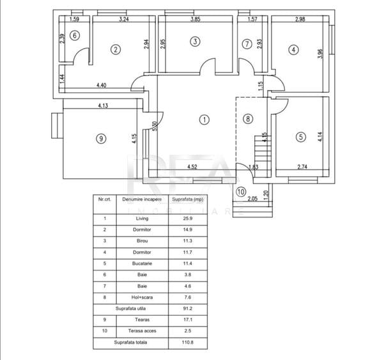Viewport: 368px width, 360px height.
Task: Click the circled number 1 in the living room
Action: (204, 120)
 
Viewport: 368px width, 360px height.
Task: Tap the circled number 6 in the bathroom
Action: (75, 36)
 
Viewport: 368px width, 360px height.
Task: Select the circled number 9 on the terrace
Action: (101, 139)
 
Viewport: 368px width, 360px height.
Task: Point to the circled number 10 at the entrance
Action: (241, 192)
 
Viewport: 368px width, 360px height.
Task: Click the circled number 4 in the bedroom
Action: (293, 50)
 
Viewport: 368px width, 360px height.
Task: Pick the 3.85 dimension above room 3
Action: (195, 19)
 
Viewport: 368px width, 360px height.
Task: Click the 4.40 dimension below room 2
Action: (102, 85)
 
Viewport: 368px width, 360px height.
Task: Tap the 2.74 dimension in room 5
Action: (302, 167)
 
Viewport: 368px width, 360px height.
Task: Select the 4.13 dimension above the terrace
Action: (103, 106)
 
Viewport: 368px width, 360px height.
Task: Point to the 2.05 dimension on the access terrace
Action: (253, 199)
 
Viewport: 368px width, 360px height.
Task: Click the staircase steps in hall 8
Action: (263, 156)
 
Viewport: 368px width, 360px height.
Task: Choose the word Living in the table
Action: (142, 219)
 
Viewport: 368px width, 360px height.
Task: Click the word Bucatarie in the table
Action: (142, 263)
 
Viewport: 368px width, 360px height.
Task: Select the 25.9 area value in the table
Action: (188, 219)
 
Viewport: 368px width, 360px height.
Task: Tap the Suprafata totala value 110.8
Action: (188, 342)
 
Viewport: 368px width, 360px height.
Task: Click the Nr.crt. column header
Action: (105, 200)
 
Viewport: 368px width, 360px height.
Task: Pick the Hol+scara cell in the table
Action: (142, 297)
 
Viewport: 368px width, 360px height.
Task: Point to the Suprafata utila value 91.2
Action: (188, 309)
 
